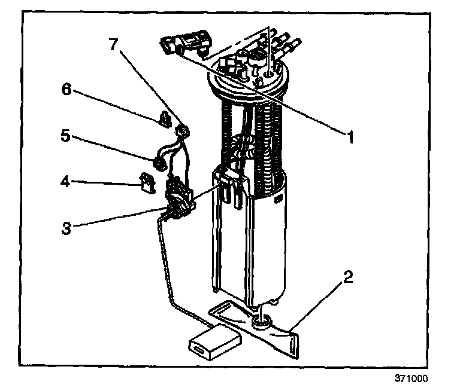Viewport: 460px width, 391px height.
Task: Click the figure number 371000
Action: coord(411,378)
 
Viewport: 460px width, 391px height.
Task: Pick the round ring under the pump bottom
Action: coord(261,323)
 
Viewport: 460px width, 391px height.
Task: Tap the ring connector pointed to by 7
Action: coord(183,130)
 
